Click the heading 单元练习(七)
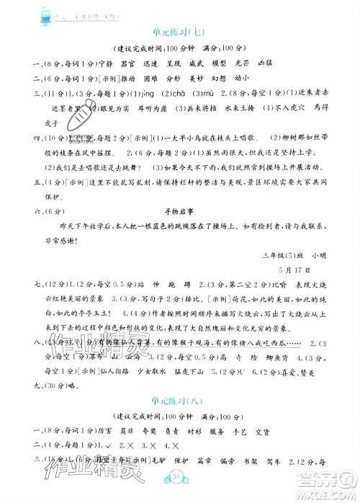click(x=179, y=32)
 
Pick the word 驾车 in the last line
click(x=270, y=458)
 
